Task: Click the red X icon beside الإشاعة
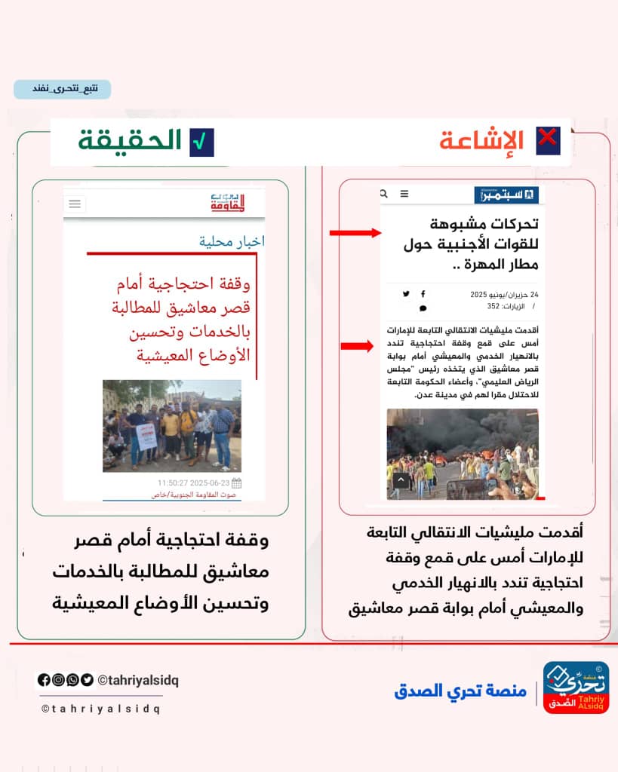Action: [x=547, y=141]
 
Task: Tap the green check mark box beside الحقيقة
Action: [x=201, y=142]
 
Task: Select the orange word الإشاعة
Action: [x=481, y=142]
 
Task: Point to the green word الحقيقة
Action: [x=131, y=141]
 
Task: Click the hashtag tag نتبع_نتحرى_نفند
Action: [x=62, y=89]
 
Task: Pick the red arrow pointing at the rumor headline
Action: [x=355, y=234]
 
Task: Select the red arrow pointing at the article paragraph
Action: [x=357, y=346]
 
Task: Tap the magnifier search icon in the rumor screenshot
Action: [x=383, y=195]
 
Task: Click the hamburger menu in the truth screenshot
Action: [x=75, y=204]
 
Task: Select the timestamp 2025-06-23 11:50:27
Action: [x=194, y=482]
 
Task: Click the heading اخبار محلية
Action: [x=232, y=241]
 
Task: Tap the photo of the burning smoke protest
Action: [x=462, y=454]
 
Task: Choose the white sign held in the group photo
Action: [x=148, y=436]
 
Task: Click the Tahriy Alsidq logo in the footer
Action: [x=576, y=688]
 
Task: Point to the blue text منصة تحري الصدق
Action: [x=460, y=691]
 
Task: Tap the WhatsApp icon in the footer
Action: [x=72, y=680]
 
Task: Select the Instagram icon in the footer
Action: [x=58, y=680]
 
